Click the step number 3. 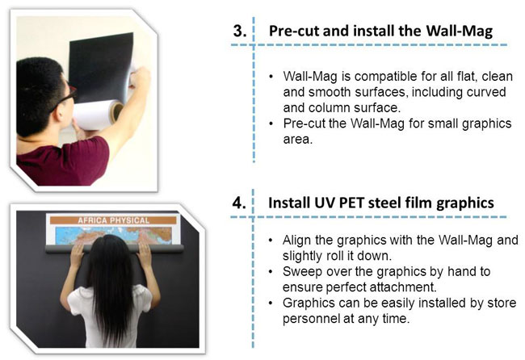pyautogui.click(x=240, y=31)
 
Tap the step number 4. pyautogui.click(x=239, y=203)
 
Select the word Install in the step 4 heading pyautogui.click(x=289, y=203)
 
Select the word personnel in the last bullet pyautogui.click(x=311, y=319)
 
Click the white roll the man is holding pyautogui.click(x=98, y=115)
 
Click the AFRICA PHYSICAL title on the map pyautogui.click(x=113, y=220)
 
